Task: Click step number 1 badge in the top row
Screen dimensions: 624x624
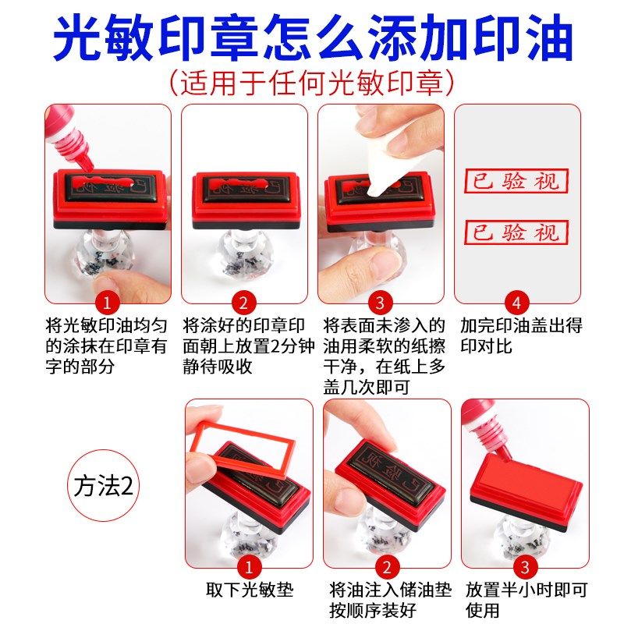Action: [x=107, y=303]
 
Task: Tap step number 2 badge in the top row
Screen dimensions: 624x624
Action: [x=243, y=303]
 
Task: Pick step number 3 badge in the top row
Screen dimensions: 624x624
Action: [x=380, y=303]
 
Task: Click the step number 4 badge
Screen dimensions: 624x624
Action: [x=516, y=303]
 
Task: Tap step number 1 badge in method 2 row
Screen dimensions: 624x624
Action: [x=248, y=567]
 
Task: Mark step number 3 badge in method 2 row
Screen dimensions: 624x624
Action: [x=523, y=567]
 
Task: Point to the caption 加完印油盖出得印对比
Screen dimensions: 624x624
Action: [x=520, y=335]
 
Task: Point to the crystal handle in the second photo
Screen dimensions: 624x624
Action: [x=243, y=257]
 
